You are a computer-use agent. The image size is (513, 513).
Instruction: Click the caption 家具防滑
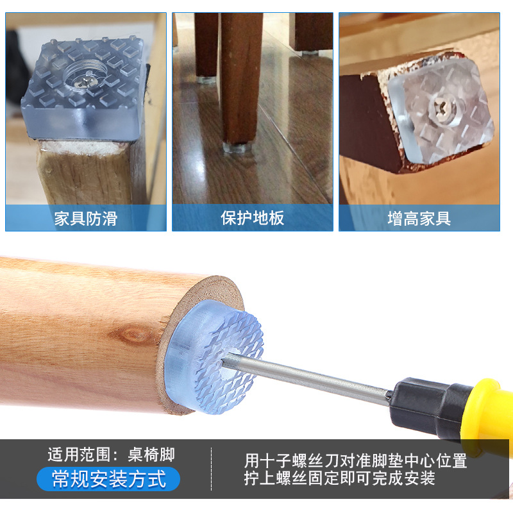tap(86, 219)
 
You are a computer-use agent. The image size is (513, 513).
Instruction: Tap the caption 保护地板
tap(252, 218)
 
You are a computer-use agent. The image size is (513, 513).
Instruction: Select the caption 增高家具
tap(419, 219)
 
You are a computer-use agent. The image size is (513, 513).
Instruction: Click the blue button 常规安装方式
tap(108, 479)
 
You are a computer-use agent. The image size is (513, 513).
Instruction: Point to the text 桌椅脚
tap(151, 455)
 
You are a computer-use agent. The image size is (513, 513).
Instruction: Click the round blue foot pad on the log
tap(214, 357)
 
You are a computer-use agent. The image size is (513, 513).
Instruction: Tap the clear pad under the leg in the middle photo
tap(237, 147)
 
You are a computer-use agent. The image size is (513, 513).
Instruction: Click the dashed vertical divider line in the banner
tap(212, 469)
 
